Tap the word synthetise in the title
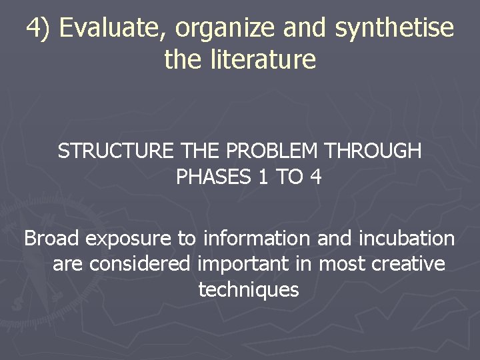click(x=395, y=29)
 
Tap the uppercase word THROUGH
click(x=373, y=152)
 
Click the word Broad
click(x=52, y=238)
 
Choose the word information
click(x=257, y=238)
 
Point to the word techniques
click(x=249, y=291)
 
